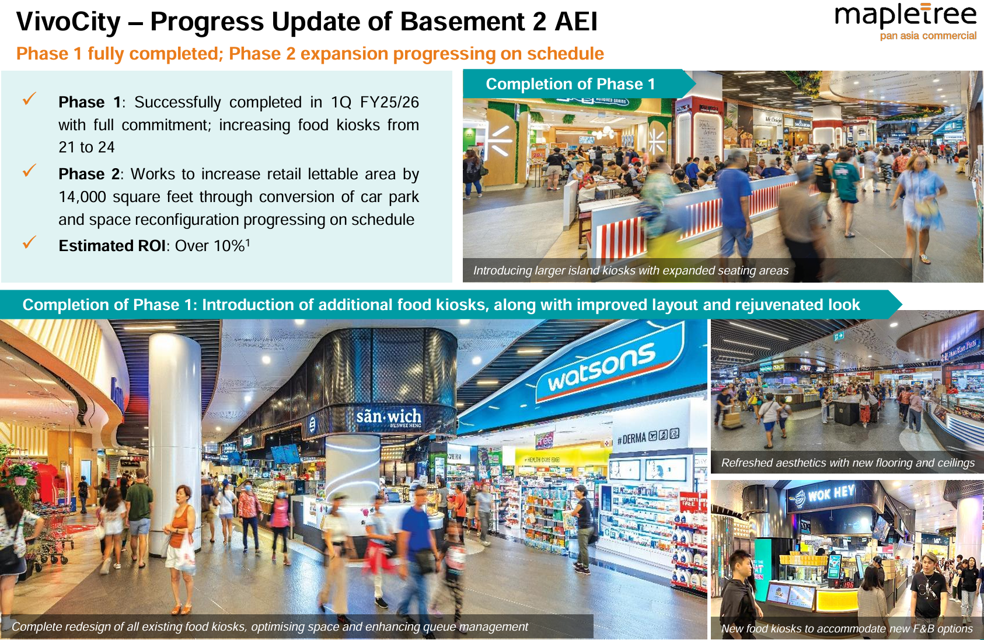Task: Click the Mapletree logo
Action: [905, 22]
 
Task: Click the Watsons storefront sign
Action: [602, 367]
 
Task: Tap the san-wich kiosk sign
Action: [388, 417]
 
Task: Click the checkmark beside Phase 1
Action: [29, 99]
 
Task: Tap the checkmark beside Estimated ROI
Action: [29, 242]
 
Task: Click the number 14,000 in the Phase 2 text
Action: [83, 197]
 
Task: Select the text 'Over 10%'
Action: [210, 246]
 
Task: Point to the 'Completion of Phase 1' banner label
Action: [570, 84]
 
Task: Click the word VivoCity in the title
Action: [68, 22]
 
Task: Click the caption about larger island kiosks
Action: [631, 270]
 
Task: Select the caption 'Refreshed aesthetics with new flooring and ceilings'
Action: [847, 463]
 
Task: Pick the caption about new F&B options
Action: [847, 628]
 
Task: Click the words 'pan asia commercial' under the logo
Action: [928, 36]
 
